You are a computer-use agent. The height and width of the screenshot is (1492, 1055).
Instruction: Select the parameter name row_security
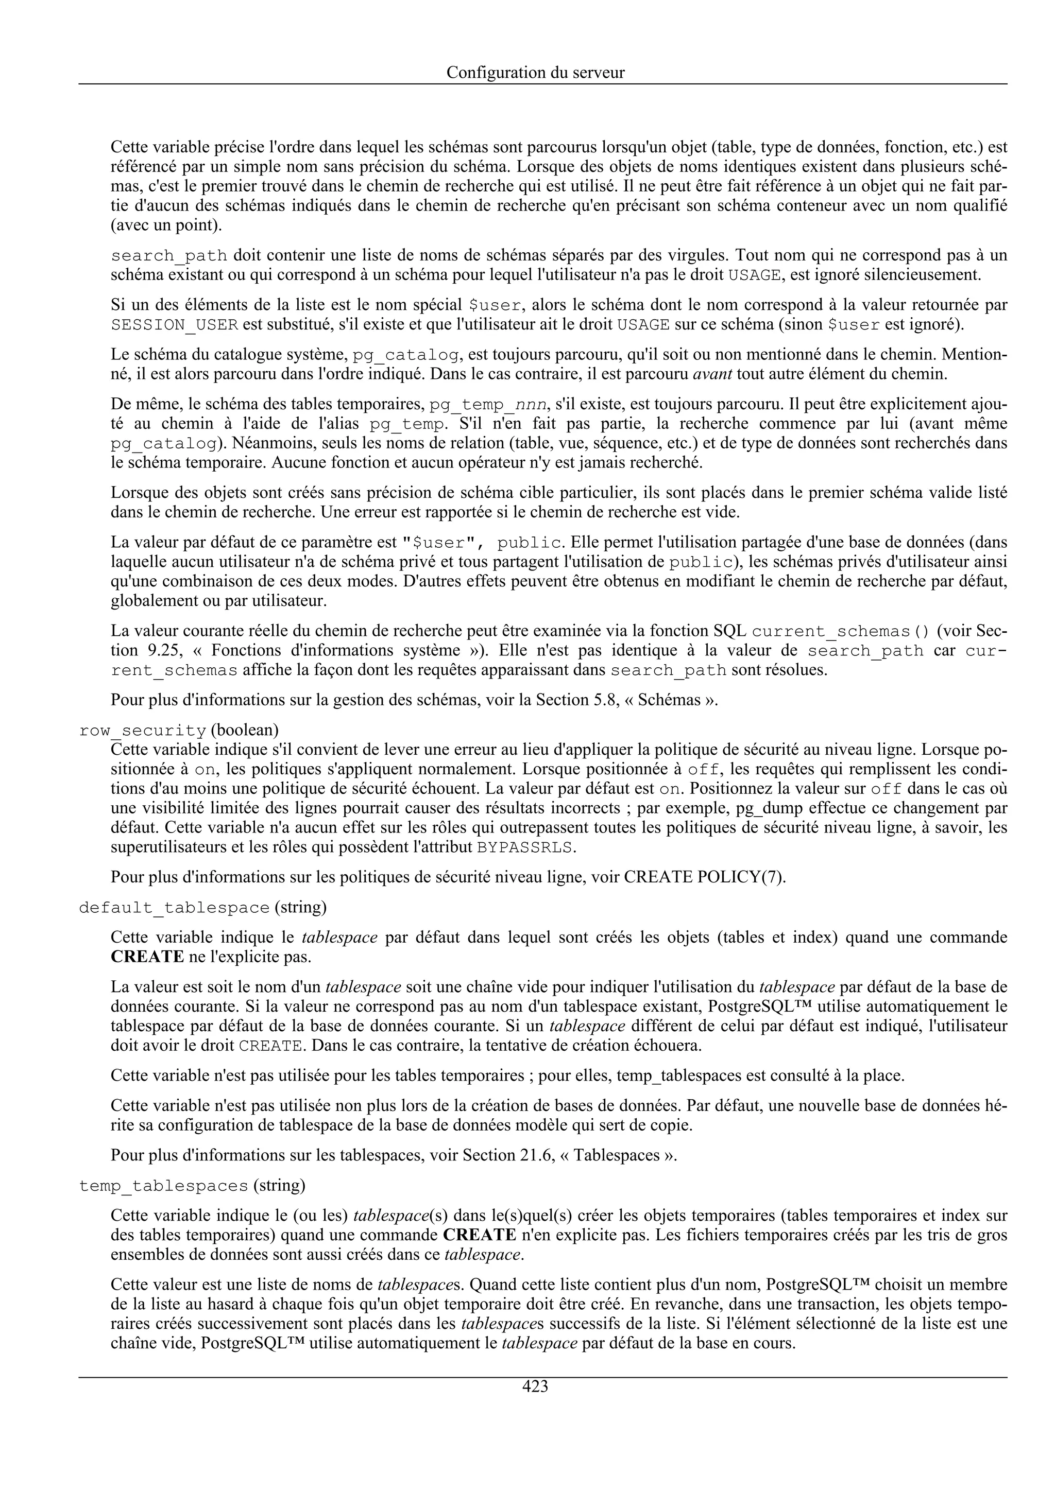142,731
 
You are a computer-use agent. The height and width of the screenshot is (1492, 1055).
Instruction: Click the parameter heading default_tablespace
174,908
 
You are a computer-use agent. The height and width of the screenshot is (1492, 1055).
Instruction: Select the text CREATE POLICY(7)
705,877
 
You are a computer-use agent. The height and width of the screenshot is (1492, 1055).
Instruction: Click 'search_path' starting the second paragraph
168,255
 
